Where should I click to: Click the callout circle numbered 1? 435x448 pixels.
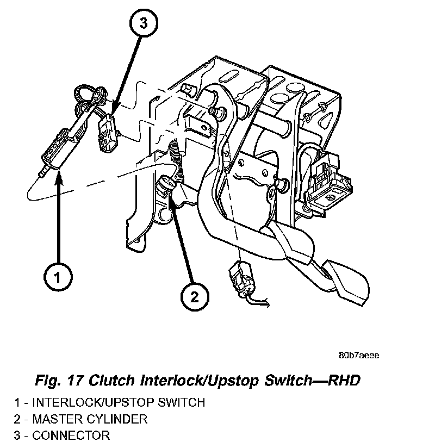click(57, 277)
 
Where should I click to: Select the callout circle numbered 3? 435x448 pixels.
click(143, 23)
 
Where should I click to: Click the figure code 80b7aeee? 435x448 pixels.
click(358, 355)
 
